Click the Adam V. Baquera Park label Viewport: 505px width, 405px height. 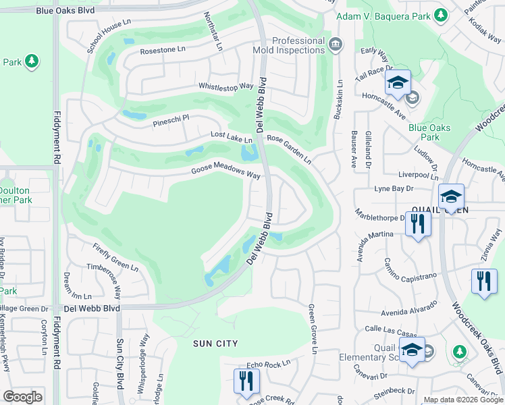point(383,15)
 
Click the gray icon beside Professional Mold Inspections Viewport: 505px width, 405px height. point(336,45)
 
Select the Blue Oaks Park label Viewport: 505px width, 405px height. point(424,132)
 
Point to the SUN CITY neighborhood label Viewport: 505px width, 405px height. point(215,344)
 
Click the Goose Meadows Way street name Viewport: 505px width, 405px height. point(225,173)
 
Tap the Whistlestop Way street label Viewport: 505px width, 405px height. point(225,86)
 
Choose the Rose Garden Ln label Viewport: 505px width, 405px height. point(289,148)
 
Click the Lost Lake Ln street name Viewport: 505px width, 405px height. point(231,137)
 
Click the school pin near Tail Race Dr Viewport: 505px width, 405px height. point(398,84)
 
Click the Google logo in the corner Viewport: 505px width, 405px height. point(22,397)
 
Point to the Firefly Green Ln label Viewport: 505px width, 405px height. point(115,256)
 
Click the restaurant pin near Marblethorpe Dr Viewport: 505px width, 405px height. point(418,223)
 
